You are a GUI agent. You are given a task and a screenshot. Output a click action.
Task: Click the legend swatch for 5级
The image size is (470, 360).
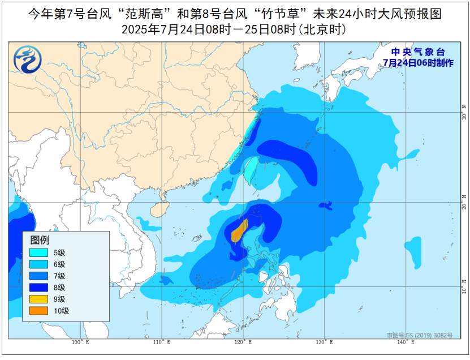tap(40, 253)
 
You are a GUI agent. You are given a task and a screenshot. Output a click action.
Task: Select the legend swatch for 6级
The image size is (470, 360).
tap(40, 264)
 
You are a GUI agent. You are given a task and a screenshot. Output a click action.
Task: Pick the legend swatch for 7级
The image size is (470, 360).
tap(40, 276)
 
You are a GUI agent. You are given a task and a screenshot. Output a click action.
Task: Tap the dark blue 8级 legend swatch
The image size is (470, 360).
tap(40, 288)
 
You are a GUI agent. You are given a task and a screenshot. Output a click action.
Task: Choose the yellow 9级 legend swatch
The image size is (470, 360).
tap(40, 299)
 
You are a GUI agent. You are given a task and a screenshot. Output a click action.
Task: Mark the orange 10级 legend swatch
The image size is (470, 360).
tap(40, 311)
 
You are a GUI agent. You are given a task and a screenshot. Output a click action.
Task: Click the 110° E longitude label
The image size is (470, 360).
tap(162, 342)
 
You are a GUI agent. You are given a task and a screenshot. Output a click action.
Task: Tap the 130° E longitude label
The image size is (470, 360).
tap(324, 342)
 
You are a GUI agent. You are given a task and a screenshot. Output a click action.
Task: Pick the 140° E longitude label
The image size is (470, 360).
tap(405, 342)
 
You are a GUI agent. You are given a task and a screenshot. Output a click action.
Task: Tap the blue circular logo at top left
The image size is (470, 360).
tap(26, 59)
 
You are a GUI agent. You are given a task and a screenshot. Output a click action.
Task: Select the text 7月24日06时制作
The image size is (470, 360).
tap(418, 63)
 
